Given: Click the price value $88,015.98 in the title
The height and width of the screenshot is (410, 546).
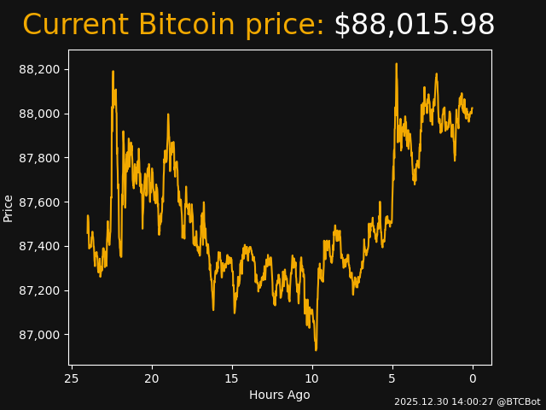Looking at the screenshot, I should (x=414, y=26).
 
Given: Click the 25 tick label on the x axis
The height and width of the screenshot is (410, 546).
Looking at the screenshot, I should (x=72, y=378).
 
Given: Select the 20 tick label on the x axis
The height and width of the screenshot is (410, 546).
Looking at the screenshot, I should (x=152, y=378).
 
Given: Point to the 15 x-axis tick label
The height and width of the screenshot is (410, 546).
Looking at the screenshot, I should (x=232, y=378).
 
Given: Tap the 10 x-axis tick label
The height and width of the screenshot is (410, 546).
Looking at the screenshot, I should (x=312, y=378).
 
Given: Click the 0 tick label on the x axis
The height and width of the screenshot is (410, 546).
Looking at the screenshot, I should (x=473, y=378).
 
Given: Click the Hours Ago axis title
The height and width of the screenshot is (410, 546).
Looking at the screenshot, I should (x=280, y=395).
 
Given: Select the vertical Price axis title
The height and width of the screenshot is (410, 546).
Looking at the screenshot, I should (x=9, y=208).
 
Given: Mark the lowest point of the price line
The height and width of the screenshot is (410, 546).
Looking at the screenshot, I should (x=316, y=349).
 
